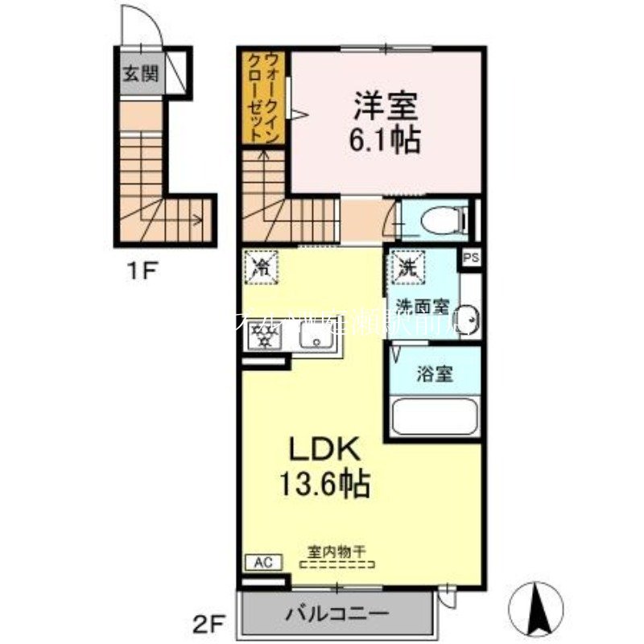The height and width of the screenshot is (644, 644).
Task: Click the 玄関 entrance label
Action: click(x=140, y=75)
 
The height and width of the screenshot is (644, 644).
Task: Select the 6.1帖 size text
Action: click(x=385, y=140)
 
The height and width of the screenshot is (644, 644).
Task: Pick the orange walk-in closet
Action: click(x=264, y=97)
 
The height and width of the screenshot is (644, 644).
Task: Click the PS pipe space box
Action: click(x=471, y=259)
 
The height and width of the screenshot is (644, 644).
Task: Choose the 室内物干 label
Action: click(x=336, y=552)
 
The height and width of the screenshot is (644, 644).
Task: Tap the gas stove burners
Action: click(x=262, y=335)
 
